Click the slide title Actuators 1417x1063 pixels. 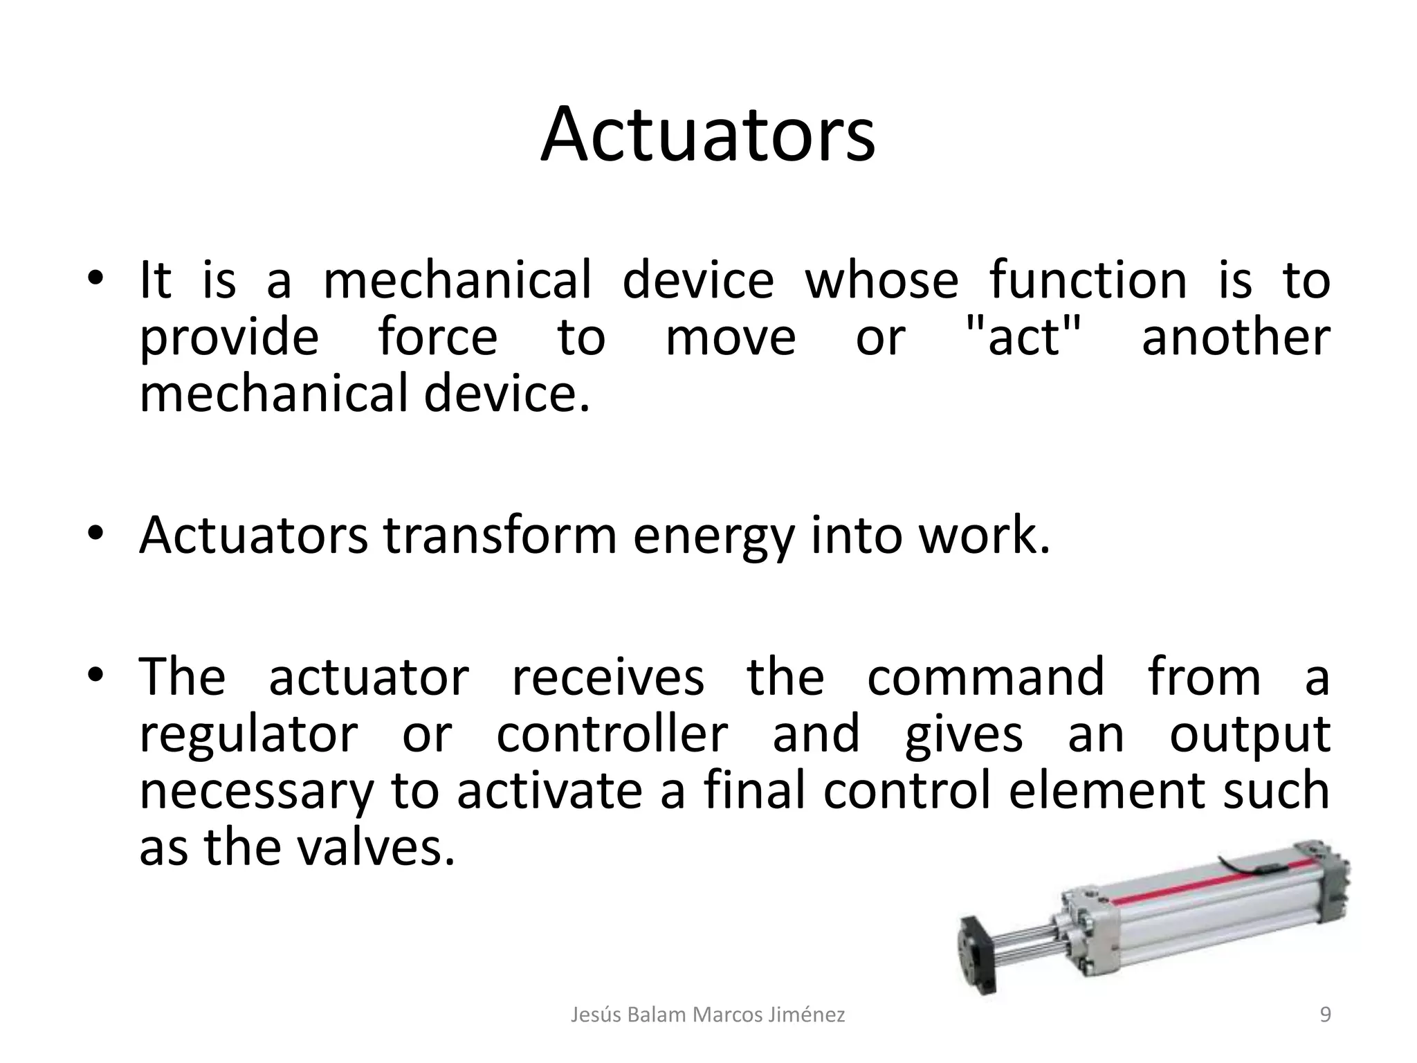pos(708,135)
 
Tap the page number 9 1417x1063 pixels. pos(1325,1015)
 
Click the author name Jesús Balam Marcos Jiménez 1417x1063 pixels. pos(708,1015)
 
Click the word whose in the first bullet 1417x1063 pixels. pos(881,280)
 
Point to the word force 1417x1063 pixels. pos(437,338)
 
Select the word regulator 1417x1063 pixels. pos(248,736)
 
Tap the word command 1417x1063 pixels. pos(985,676)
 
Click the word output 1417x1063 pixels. pos(1250,736)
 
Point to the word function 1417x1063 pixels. pos(1088,280)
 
